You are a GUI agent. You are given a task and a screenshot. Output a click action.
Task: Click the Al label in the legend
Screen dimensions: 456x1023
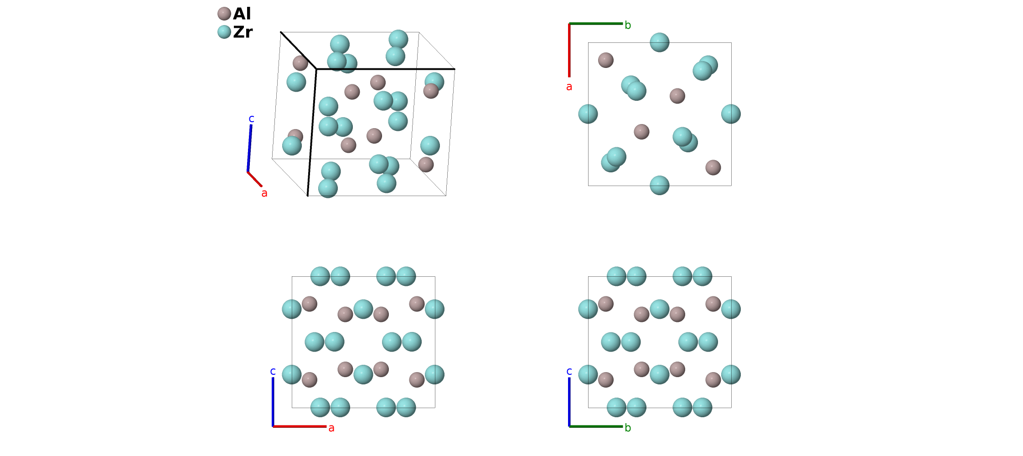click(x=242, y=14)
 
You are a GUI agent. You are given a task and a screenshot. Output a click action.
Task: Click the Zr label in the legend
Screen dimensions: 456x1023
click(x=243, y=32)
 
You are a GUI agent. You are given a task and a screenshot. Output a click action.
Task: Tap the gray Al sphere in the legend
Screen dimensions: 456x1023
click(x=224, y=14)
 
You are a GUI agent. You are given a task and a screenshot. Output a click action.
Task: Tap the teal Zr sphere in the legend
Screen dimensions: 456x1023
click(x=224, y=32)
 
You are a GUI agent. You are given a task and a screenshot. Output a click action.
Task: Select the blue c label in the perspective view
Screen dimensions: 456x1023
click(x=251, y=119)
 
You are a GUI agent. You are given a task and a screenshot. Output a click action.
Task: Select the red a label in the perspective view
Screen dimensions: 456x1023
click(x=264, y=193)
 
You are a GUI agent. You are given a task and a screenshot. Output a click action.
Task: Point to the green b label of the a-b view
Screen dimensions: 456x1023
click(x=628, y=26)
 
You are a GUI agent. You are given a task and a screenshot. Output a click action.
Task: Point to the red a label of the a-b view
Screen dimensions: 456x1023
click(x=569, y=87)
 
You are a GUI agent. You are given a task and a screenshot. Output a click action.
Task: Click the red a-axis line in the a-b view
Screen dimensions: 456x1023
click(x=569, y=50)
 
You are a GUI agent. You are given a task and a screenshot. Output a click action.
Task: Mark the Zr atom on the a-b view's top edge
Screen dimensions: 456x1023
click(x=660, y=42)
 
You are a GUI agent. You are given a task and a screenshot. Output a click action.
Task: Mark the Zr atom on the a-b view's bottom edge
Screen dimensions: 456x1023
click(x=660, y=185)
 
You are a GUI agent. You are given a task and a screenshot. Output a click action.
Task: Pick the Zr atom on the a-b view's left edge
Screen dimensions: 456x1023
click(x=588, y=114)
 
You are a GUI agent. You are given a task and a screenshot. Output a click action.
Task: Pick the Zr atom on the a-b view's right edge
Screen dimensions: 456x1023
click(x=731, y=114)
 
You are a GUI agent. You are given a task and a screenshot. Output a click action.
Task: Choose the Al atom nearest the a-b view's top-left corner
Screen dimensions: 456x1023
click(x=606, y=60)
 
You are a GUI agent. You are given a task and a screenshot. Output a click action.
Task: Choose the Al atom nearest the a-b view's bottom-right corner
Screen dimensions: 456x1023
click(x=713, y=167)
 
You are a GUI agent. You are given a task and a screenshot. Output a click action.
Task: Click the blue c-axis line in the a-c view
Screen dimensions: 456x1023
click(x=273, y=401)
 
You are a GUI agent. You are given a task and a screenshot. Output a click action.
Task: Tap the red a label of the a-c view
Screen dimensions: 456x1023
click(x=331, y=428)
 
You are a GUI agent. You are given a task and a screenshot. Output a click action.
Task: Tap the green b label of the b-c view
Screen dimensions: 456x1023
click(x=628, y=428)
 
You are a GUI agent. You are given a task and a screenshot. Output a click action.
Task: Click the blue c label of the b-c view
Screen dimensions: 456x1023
click(x=569, y=371)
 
